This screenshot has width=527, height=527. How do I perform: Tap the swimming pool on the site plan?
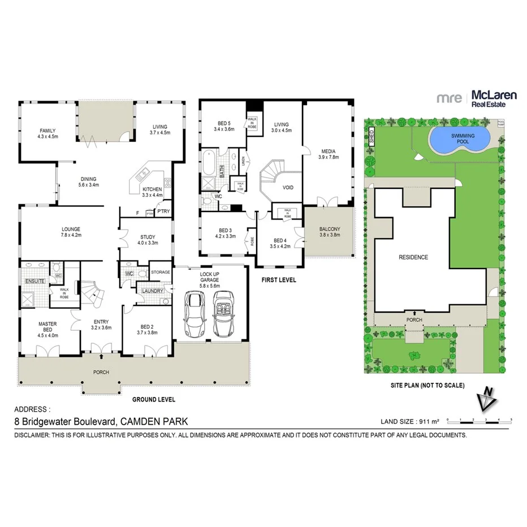[459, 139]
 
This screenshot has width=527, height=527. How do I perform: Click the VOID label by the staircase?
[288, 187]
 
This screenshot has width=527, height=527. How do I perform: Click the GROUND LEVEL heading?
[153, 399]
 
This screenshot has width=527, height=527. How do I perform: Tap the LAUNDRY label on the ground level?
[153, 291]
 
